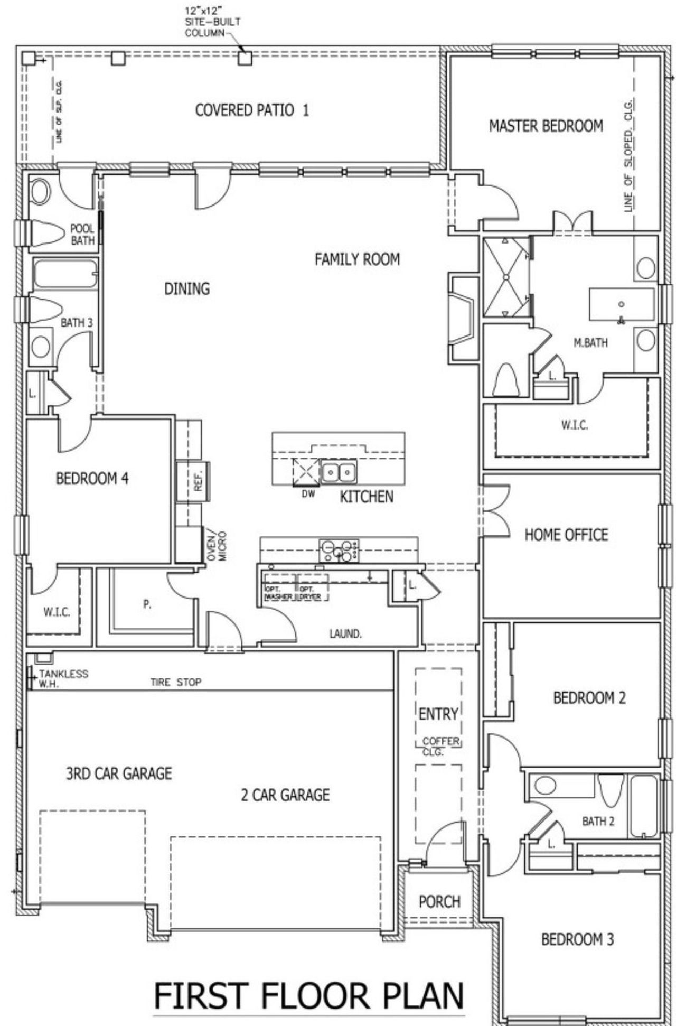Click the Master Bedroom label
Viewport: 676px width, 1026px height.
(x=546, y=126)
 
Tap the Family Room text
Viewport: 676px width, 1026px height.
(x=357, y=259)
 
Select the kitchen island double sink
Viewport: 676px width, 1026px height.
(x=338, y=471)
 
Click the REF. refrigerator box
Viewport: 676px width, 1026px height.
(x=193, y=481)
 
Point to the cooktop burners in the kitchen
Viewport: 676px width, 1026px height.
(x=339, y=551)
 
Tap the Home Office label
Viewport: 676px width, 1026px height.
(x=566, y=535)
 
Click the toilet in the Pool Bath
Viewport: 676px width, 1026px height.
(x=45, y=233)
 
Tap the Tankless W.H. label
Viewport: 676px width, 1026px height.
(x=62, y=678)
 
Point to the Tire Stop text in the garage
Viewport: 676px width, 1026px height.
(x=176, y=682)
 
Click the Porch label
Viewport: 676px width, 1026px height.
(x=439, y=901)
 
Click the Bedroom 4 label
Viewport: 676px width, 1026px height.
(x=92, y=479)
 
